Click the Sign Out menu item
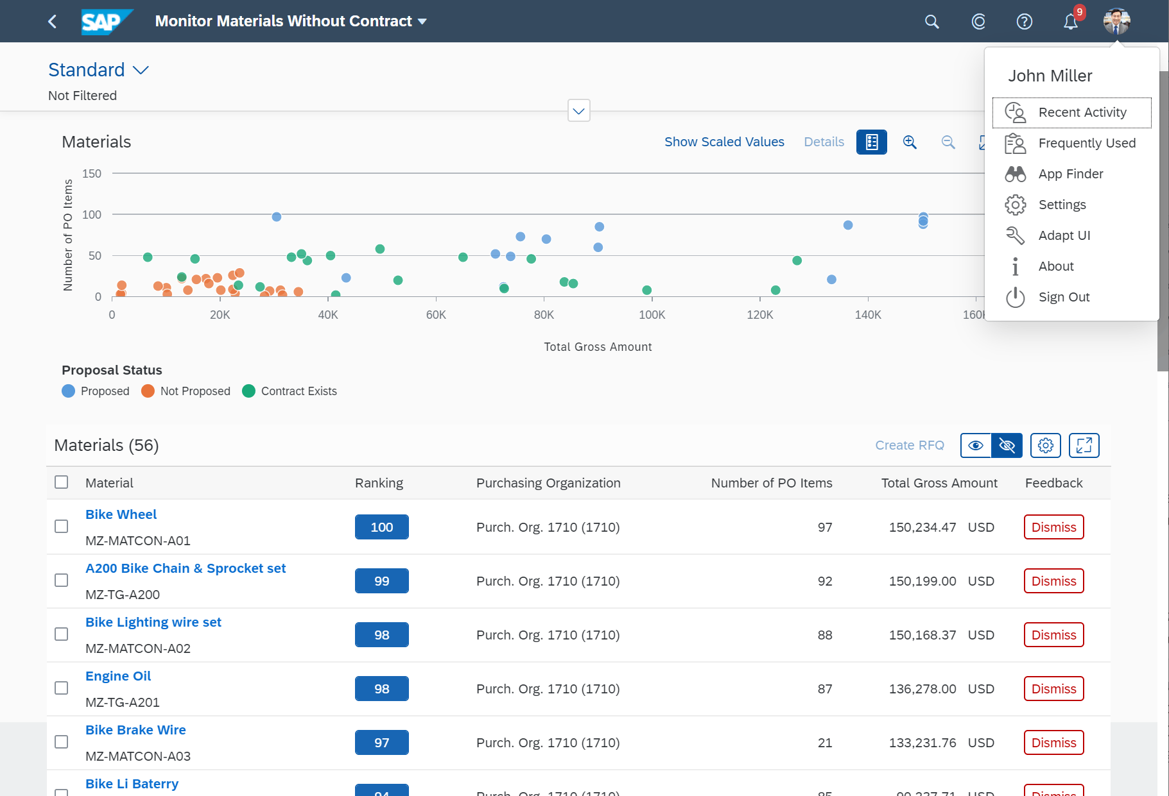coord(1063,297)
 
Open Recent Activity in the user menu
coord(1082,112)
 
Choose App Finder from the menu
coord(1070,174)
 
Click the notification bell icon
coord(1070,22)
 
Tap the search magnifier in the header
coord(931,22)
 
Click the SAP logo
coord(106,22)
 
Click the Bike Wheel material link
coord(121,514)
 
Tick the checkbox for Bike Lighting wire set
coord(62,634)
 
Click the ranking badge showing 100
coord(381,527)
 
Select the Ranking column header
coord(379,483)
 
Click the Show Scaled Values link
coord(724,142)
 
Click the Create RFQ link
coord(909,445)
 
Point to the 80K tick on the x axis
coord(544,314)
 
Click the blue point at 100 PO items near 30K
coord(277,217)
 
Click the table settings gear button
coord(1045,445)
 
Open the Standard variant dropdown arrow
coord(141,70)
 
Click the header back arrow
coord(53,22)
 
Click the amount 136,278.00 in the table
coord(922,689)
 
